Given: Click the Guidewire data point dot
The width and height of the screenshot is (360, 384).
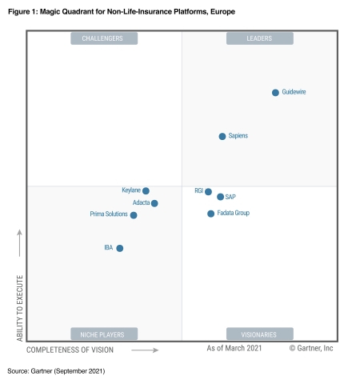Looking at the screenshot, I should [x=275, y=93].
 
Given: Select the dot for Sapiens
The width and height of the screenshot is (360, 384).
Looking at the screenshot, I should [x=222, y=137].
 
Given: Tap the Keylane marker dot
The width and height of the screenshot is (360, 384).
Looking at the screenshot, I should [x=146, y=191].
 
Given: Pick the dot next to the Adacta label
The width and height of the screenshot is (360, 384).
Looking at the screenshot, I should [x=154, y=203].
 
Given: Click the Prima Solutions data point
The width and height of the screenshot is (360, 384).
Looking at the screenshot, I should [x=134, y=215].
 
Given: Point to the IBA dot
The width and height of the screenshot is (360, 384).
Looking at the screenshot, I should [x=120, y=248].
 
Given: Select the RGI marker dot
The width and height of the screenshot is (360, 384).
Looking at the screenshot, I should [x=208, y=192].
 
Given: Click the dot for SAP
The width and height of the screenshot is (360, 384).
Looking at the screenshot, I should [x=220, y=197].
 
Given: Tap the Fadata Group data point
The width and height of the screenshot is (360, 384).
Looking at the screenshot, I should [x=211, y=214].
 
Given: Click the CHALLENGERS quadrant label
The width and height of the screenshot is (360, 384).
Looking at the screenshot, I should [x=104, y=38].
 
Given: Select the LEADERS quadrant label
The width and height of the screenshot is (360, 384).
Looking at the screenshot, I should [x=259, y=38].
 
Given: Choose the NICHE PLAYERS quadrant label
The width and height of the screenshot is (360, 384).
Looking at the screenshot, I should [x=104, y=334].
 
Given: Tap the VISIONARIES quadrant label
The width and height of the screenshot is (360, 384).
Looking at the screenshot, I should [x=259, y=334].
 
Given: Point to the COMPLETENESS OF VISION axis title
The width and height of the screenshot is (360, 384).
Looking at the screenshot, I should [x=70, y=350].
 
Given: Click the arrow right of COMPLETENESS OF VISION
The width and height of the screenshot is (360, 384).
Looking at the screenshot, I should [x=145, y=350].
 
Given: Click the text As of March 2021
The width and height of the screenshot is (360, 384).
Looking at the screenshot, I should [x=234, y=349].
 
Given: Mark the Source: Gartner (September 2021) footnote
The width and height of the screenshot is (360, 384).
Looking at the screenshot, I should [x=56, y=372].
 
